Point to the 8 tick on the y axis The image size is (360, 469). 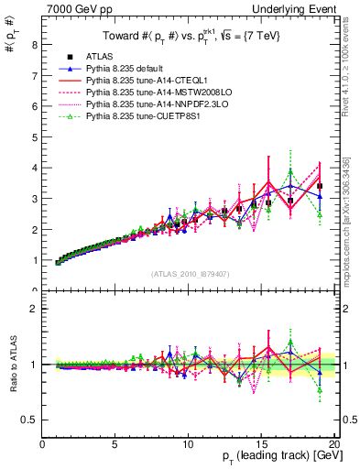pos(35,45)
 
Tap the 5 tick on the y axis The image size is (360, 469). pos(35,137)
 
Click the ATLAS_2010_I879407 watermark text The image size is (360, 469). pos(191,273)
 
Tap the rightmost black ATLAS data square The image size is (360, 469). pos(320,187)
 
